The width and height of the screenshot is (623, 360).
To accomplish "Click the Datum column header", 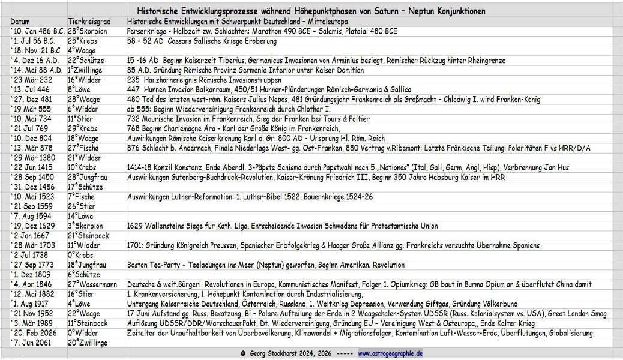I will [20, 22].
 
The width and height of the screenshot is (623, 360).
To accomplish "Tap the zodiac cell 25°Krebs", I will [83, 41].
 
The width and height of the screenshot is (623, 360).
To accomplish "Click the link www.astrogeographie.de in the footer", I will [390, 354].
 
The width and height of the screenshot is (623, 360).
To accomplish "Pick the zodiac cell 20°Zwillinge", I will [88, 343].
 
